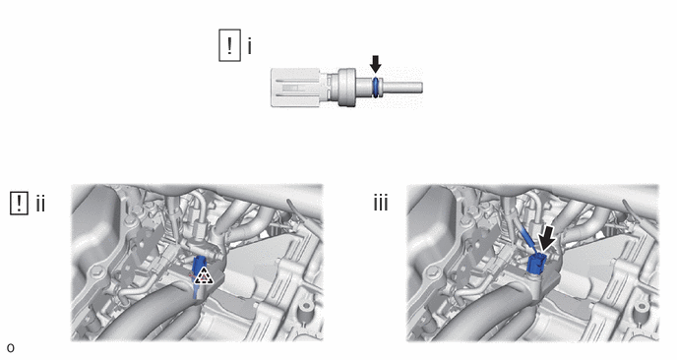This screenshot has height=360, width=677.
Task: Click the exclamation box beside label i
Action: click(x=229, y=45)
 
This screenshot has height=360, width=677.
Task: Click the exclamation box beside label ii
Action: click(x=19, y=204)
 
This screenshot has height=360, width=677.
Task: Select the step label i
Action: click(x=250, y=46)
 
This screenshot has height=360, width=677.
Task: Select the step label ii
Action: click(x=40, y=204)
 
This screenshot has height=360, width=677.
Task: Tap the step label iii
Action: click(x=381, y=203)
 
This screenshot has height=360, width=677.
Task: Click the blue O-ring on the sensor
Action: click(x=376, y=88)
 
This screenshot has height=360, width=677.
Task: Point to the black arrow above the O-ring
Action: click(x=376, y=64)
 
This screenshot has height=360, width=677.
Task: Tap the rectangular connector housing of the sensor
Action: click(x=295, y=88)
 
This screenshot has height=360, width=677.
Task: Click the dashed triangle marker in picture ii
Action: click(x=203, y=276)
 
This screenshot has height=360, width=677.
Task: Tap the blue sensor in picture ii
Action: click(x=200, y=270)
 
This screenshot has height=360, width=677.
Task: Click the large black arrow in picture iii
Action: click(x=546, y=240)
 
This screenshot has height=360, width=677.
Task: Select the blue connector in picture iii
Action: click(x=537, y=263)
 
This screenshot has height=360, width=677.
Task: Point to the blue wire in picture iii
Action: click(x=529, y=241)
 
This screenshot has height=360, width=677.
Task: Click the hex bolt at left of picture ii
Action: click(x=97, y=272)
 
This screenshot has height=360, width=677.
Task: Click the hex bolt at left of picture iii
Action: click(x=433, y=272)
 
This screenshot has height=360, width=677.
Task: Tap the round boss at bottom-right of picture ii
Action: click(x=306, y=308)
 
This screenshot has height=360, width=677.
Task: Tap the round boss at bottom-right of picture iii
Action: click(x=642, y=308)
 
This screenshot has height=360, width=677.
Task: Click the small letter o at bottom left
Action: click(x=11, y=348)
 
